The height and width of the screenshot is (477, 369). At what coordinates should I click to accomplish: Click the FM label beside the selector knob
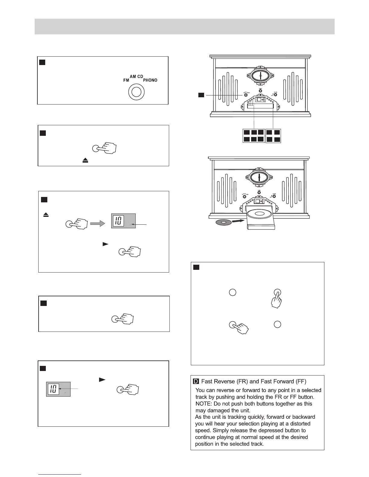(x=126, y=80)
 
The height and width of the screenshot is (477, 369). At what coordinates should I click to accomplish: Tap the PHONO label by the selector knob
(x=150, y=80)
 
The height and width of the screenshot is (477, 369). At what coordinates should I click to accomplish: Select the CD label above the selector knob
(x=140, y=76)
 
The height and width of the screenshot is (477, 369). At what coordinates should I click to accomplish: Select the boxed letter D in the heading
(x=196, y=382)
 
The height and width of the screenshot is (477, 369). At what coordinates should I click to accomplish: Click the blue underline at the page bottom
(x=60, y=474)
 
